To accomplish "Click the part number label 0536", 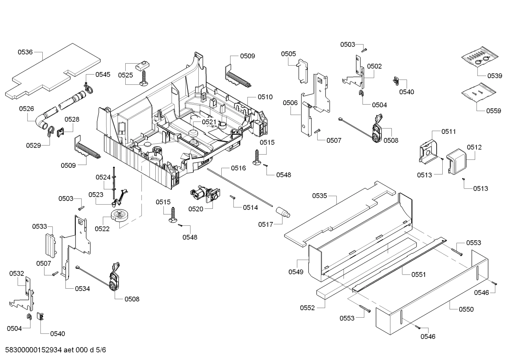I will [25, 52].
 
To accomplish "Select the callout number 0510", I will [265, 97].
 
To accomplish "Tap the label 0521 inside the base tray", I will [209, 122].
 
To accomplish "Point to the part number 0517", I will [265, 224].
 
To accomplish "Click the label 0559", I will [493, 111].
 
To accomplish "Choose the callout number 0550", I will [466, 309].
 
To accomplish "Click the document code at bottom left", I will [56, 350].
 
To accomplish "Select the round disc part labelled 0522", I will [120, 215].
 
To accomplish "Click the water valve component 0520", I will [204, 195].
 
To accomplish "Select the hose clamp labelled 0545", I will [88, 89].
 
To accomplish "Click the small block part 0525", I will [142, 65].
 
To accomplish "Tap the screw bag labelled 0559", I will [477, 93].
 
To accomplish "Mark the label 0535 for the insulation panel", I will [319, 196].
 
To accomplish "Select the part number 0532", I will [17, 273].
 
